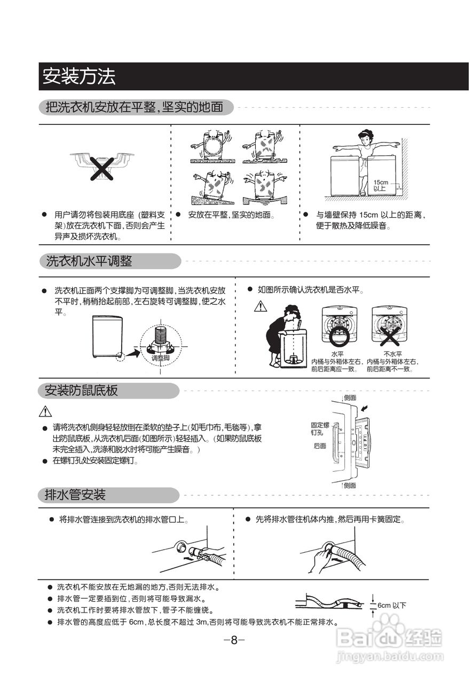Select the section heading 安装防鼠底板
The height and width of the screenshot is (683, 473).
pyautogui.click(x=82, y=391)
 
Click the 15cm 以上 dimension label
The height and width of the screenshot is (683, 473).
pyautogui.click(x=380, y=185)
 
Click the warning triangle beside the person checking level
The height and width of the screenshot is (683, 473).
pyautogui.click(x=260, y=306)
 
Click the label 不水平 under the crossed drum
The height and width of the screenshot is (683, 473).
pyautogui.click(x=392, y=354)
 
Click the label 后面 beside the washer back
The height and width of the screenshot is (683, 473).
pyautogui.click(x=320, y=446)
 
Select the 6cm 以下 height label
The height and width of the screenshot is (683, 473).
pyautogui.click(x=392, y=605)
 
